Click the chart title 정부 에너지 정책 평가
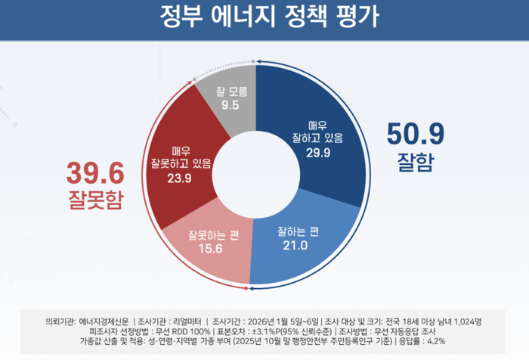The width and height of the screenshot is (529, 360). (x=264, y=17)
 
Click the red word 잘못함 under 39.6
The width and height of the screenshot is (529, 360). (x=94, y=200)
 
